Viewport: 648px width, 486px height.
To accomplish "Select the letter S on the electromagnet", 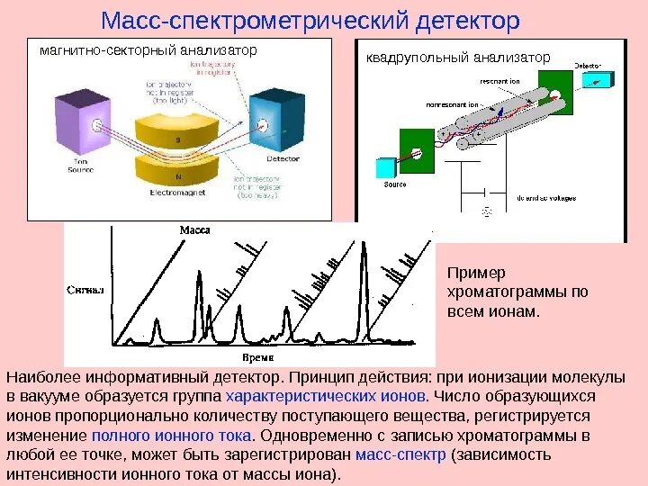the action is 177,139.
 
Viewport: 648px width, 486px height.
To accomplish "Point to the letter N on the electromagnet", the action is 177,175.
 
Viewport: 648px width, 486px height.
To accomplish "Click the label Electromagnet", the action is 176,193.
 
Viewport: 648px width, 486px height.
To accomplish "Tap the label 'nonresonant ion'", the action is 453,103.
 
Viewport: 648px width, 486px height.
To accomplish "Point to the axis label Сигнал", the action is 86,291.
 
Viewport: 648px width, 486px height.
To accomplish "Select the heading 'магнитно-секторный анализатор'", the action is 148,50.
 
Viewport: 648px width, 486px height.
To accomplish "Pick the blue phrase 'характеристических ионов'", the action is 327,396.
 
